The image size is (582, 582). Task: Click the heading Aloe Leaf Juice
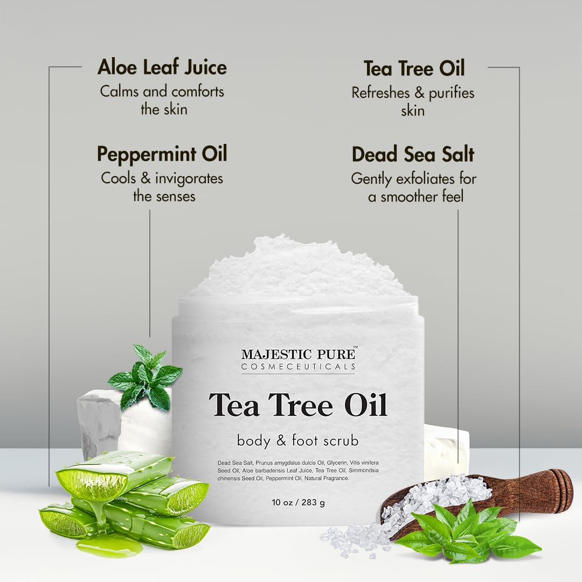[162, 68]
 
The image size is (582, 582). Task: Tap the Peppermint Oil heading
[162, 154]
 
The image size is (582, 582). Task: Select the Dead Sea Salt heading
[413, 155]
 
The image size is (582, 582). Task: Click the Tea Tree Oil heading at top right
[414, 68]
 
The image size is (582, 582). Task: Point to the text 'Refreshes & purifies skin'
[413, 101]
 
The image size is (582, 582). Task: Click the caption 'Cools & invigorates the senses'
[162, 186]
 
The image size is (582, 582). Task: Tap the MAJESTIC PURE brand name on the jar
[298, 354]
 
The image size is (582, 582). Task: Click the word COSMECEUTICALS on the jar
[298, 366]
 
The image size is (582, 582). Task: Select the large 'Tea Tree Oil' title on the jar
[298, 405]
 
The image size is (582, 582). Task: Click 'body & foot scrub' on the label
[298, 440]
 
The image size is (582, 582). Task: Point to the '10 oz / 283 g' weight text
[298, 503]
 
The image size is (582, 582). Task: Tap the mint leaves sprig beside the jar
[145, 377]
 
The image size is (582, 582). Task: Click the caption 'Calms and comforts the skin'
[162, 100]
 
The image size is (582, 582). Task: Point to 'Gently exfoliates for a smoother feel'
[414, 187]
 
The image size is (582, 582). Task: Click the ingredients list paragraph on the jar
[298, 470]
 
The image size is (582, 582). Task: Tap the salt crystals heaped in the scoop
[436, 493]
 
